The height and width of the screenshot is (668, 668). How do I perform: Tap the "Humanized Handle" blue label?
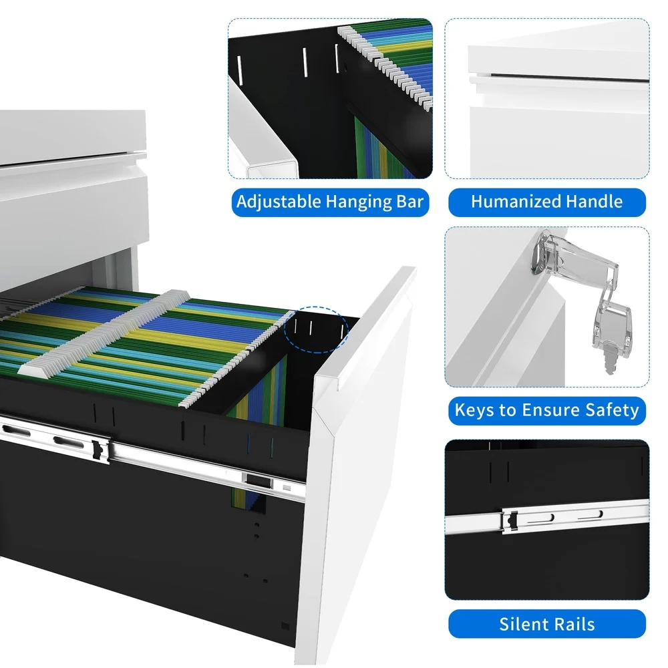pyautogui.click(x=546, y=202)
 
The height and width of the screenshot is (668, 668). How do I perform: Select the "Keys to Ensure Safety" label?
pyautogui.click(x=546, y=409)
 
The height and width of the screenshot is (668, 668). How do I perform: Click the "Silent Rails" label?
pyautogui.click(x=546, y=624)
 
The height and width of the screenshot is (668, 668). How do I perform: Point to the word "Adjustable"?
pyautogui.click(x=279, y=202)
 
